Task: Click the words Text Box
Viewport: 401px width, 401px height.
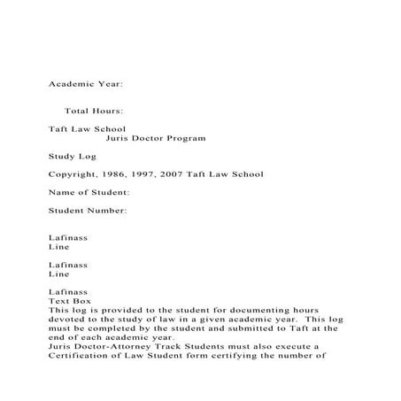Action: (70, 301)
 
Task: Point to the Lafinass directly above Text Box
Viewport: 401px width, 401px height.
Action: (68, 292)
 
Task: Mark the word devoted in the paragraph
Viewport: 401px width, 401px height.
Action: (67, 320)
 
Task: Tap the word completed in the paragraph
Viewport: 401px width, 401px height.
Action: (125, 329)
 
